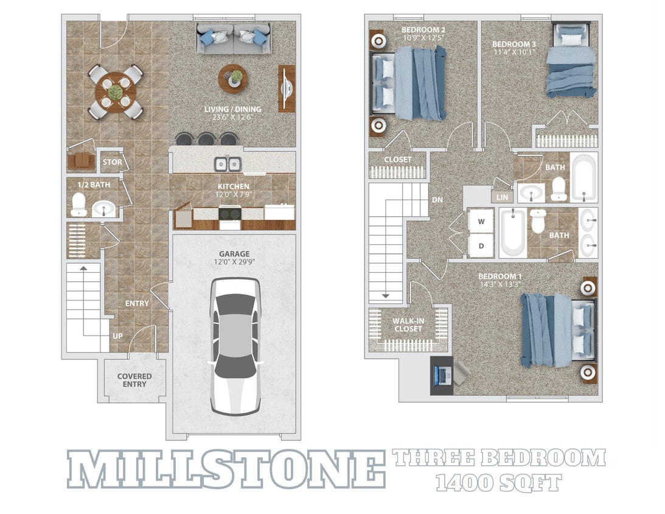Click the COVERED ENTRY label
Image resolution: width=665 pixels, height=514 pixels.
coord(134,380)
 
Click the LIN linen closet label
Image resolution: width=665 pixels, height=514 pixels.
coord(502,197)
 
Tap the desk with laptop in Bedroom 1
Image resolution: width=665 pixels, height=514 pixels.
coord(442,376)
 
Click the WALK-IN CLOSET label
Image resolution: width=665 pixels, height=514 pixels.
coord(408,324)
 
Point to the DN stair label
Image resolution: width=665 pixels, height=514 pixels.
coord(437,199)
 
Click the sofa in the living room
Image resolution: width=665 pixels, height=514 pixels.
coord(233,38)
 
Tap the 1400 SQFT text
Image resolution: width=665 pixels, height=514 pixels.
coord(498,483)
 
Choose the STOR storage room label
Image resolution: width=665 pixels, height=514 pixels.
coord(112,162)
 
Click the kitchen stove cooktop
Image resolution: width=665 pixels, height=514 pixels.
coord(230,214)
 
